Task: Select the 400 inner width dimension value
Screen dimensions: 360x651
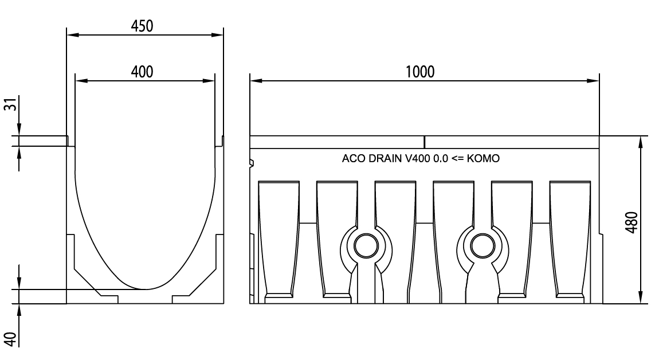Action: pos(143,72)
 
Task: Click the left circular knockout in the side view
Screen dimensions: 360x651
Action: pos(366,246)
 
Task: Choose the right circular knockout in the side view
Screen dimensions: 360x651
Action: pos(482,246)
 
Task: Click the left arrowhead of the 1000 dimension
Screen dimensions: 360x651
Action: pos(254,81)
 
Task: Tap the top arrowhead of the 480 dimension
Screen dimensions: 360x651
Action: pos(640,141)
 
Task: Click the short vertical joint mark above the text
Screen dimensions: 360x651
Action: pos(425,142)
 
